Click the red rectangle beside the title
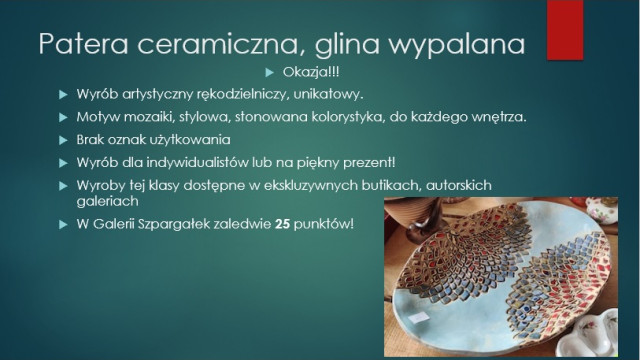(565, 30)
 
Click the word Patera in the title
(84, 43)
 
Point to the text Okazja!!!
(311, 72)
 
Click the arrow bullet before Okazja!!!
(269, 73)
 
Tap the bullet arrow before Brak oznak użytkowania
(63, 140)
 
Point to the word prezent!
(369, 163)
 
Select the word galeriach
(108, 201)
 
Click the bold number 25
(282, 224)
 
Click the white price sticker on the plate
(418, 317)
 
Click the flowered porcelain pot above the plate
(603, 211)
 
